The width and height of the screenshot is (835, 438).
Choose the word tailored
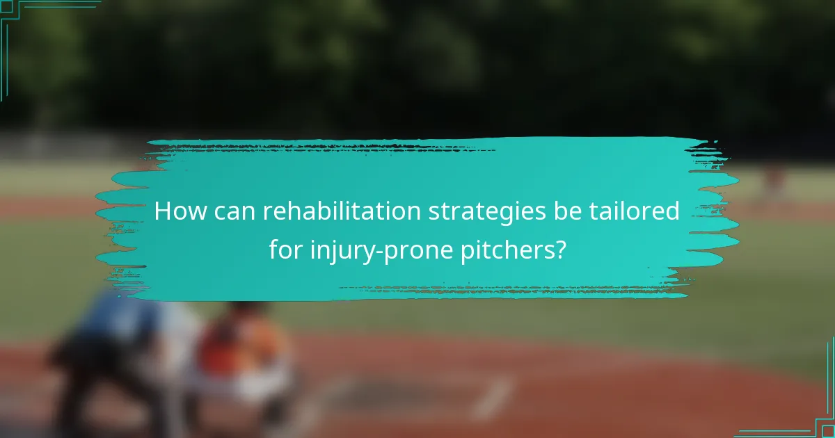pyautogui.click(x=634, y=211)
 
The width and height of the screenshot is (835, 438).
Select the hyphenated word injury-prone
pyautogui.click(x=371, y=250)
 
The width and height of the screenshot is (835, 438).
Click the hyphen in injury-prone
pyautogui.click(x=370, y=251)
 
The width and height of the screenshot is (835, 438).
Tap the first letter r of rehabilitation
pyautogui.click(x=267, y=213)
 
